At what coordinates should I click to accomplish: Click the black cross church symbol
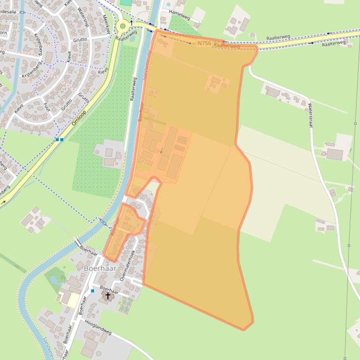coord(108,295)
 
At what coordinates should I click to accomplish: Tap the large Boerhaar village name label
coord(99,268)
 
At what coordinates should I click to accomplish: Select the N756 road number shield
coord(204,43)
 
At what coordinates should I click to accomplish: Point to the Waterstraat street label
coord(310,114)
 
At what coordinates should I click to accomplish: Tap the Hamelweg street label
coord(179,15)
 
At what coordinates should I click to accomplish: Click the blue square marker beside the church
coord(93,291)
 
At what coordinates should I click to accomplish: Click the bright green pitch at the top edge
coord(126,2)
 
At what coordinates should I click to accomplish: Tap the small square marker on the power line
coord(349,245)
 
